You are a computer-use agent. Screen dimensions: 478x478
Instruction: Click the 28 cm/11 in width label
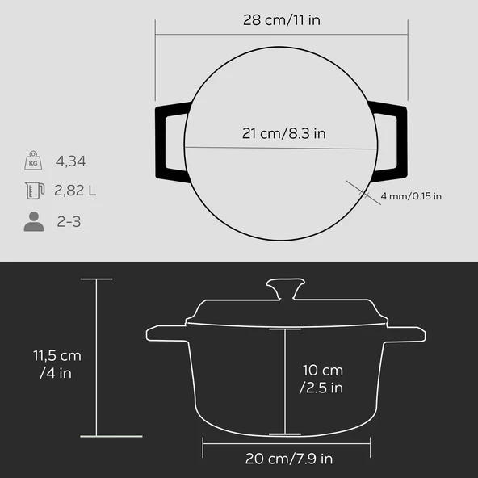[x=282, y=19]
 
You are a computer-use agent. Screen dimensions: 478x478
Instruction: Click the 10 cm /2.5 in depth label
[x=322, y=379]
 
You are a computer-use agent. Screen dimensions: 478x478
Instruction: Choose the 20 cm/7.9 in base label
[x=288, y=459]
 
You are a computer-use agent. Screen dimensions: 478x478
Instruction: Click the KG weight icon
[x=32, y=161]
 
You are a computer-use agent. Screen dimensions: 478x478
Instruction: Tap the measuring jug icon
[x=32, y=191]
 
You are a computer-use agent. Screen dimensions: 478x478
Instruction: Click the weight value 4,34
[x=71, y=161]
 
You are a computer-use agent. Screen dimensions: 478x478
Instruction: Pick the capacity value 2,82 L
[x=75, y=191]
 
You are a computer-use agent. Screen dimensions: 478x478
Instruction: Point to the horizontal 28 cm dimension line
[x=282, y=34]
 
